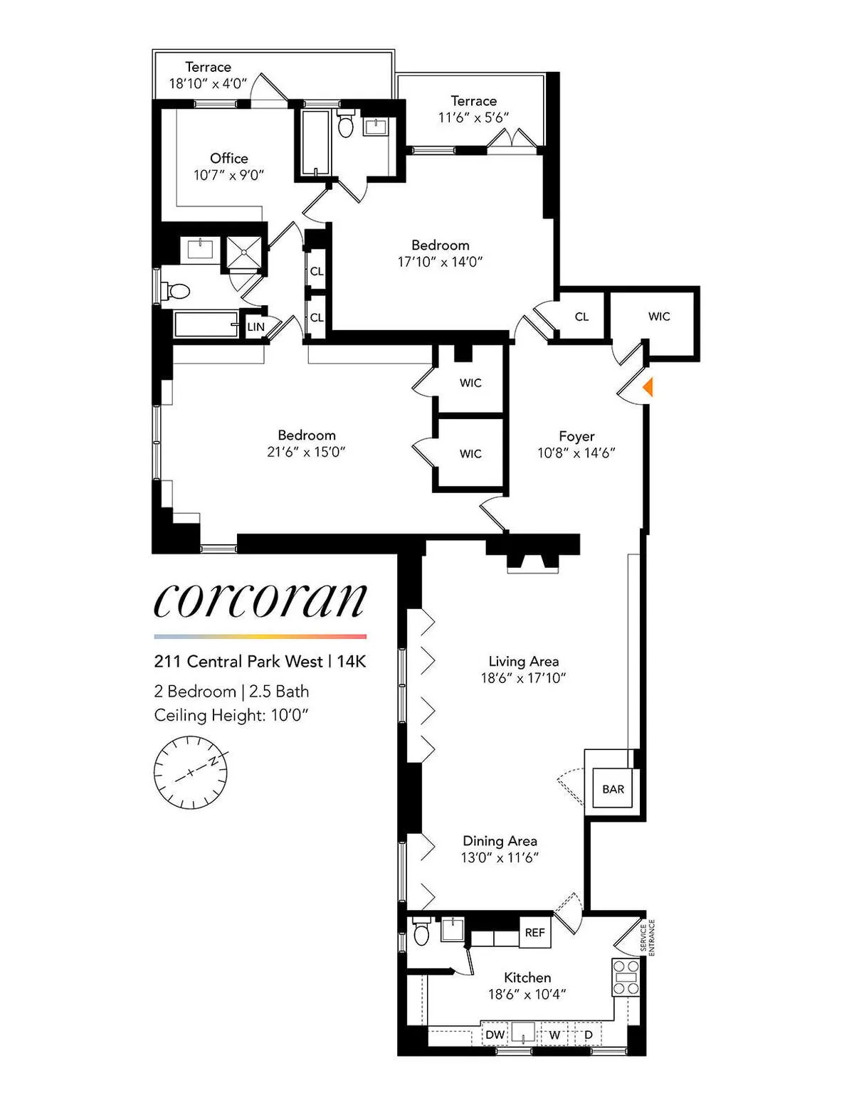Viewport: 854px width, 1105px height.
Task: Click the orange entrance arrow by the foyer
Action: point(648,388)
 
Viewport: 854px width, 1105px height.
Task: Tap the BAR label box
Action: point(613,789)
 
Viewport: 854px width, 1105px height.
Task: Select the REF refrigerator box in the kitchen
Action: point(534,932)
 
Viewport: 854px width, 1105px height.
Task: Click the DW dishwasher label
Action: point(495,1035)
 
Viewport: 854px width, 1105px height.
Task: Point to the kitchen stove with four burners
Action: point(626,978)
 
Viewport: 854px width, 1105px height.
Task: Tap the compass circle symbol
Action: point(190,773)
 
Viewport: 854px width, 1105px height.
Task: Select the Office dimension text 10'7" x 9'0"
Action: point(228,175)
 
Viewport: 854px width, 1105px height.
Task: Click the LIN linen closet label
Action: point(255,327)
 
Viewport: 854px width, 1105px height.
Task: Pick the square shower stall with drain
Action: point(245,253)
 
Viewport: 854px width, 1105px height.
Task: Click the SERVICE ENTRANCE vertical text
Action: point(647,937)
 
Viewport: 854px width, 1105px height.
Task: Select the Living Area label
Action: point(523,662)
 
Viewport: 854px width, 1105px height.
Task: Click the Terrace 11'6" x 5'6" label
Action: point(473,109)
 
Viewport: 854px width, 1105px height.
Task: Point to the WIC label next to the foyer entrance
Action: point(659,317)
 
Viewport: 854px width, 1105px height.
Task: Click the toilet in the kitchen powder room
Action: point(421,933)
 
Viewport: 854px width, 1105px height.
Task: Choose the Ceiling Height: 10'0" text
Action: point(231,715)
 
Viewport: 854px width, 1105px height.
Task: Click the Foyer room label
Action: point(576,436)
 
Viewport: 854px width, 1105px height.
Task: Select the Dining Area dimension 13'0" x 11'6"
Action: point(500,857)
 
